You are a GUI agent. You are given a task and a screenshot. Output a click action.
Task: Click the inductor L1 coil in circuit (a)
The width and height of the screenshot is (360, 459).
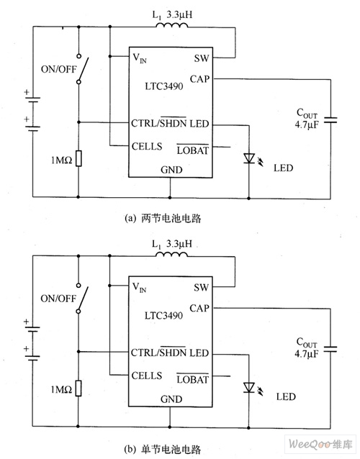coord(172,25)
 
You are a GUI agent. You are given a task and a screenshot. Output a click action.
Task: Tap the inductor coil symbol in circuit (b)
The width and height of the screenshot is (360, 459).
coord(171,255)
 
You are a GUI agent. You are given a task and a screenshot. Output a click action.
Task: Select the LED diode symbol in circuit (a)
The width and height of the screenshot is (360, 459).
coord(249,158)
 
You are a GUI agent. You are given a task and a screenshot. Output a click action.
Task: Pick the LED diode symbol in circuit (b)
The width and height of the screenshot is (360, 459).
coord(249,388)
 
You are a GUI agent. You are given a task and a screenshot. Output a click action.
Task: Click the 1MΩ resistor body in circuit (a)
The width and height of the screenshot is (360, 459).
coord(78,159)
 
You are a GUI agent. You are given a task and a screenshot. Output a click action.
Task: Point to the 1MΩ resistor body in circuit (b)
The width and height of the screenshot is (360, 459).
coord(78,388)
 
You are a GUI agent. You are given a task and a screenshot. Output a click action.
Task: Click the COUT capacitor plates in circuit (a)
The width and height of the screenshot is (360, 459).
coord(330,119)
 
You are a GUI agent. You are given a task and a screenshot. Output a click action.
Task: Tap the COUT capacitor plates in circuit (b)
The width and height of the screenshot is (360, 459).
coord(330,349)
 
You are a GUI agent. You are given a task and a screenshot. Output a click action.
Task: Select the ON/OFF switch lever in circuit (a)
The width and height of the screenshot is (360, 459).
coord(84,69)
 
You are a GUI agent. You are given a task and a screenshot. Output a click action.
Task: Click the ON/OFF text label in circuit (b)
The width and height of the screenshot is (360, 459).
coord(58,299)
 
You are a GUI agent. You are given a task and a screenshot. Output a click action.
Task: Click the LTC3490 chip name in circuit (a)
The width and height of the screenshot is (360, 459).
coord(164,86)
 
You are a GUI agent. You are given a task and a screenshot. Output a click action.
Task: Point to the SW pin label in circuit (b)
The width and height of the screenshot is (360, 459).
coord(201,288)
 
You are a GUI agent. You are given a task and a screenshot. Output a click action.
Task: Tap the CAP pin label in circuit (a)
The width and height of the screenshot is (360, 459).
coord(199,79)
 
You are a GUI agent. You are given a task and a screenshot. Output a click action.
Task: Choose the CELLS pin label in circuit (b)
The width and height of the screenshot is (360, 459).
coord(146,376)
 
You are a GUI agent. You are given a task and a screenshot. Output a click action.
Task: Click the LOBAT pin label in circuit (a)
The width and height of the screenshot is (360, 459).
coord(192,150)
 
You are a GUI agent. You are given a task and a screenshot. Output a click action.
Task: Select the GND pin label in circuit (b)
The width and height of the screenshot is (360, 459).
coord(171,399)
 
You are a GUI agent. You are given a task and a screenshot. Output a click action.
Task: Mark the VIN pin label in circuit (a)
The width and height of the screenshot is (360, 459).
coord(140,58)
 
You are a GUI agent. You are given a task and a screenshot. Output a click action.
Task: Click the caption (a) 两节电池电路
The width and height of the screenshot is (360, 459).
coord(163,219)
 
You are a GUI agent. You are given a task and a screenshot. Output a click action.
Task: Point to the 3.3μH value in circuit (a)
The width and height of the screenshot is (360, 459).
coord(179,14)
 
